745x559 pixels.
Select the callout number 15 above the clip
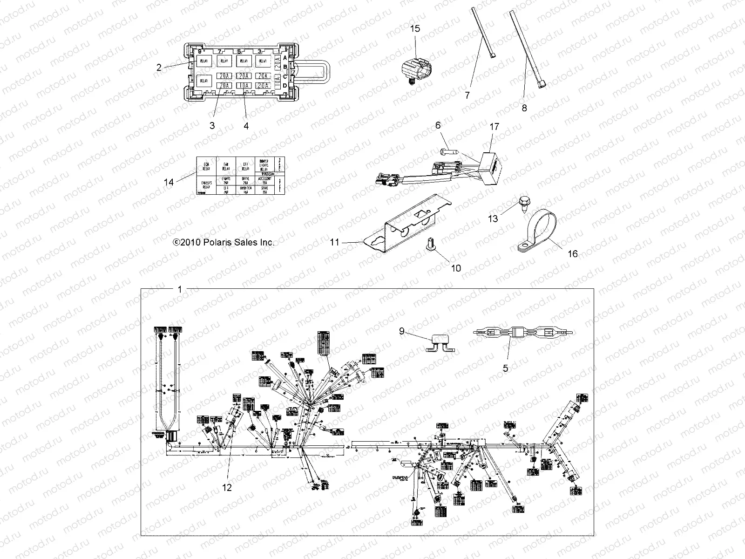click(x=415, y=28)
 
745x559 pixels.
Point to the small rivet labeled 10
click(x=429, y=242)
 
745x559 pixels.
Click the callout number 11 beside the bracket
click(x=335, y=242)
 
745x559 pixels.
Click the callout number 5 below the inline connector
click(x=505, y=368)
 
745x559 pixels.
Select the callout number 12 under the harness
click(x=228, y=488)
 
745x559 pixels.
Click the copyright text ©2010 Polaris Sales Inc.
click(x=223, y=242)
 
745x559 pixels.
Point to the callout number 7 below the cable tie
click(x=467, y=95)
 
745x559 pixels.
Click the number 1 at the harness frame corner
click(x=180, y=289)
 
